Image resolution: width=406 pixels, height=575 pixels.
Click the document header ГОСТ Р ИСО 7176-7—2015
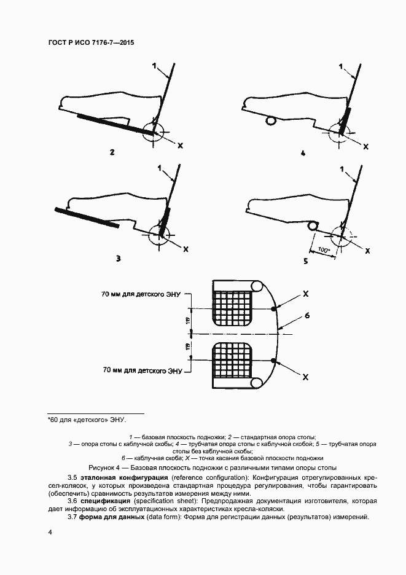click(x=90, y=44)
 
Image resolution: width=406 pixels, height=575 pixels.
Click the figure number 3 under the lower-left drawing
click(x=117, y=259)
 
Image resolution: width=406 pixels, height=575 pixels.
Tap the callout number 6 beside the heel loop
click(x=307, y=316)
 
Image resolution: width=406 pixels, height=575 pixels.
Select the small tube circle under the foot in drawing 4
click(x=270, y=122)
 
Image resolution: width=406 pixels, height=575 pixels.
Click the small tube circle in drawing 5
click(x=313, y=226)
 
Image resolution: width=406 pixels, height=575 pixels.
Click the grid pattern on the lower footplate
click(x=233, y=362)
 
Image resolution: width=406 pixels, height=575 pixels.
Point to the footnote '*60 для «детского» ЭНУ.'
click(x=87, y=420)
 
